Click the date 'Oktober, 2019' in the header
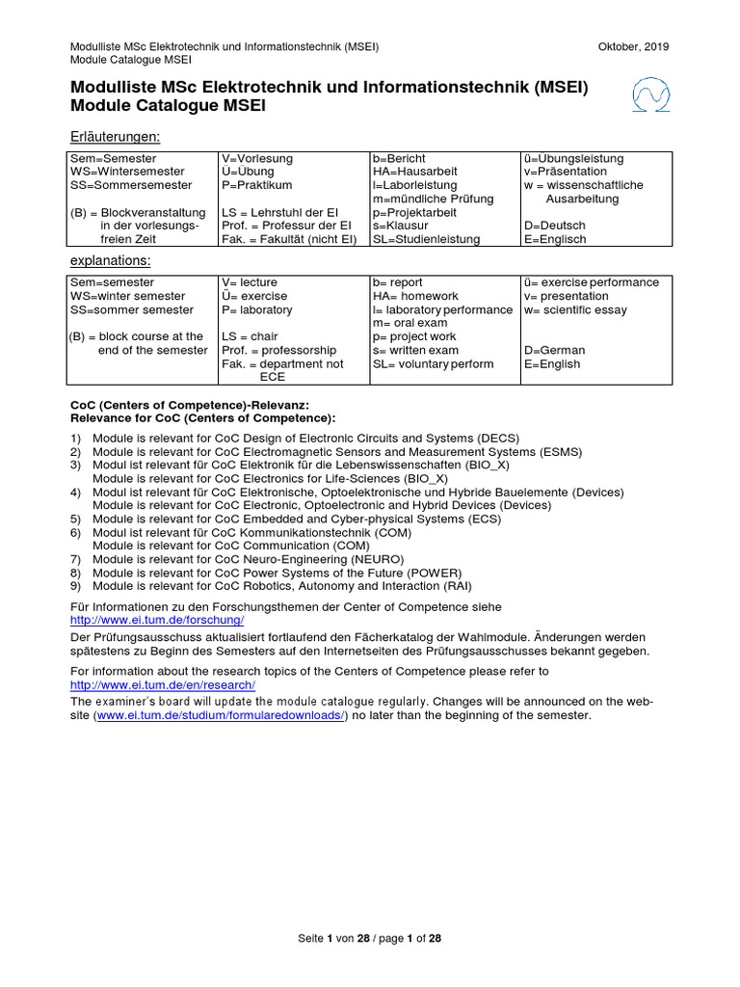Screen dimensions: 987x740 633,46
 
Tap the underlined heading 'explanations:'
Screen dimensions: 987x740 110,261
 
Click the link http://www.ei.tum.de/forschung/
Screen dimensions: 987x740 157,621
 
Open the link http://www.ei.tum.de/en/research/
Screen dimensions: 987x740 163,684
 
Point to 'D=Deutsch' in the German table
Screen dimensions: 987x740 555,226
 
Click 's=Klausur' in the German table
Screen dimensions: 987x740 403,226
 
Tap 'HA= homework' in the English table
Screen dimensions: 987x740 415,296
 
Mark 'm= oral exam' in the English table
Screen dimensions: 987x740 410,324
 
